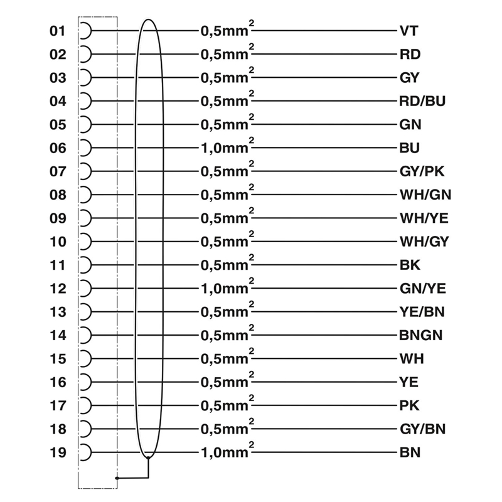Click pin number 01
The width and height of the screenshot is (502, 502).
point(58,31)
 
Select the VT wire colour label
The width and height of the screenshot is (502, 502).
point(409,31)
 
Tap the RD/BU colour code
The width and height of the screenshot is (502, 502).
point(422,101)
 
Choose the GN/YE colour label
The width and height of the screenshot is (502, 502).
point(422,289)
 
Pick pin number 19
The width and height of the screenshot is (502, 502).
point(58,452)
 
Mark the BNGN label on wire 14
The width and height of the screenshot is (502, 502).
point(420,335)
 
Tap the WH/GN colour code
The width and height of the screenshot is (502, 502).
point(424,195)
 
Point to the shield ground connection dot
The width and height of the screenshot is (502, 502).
point(117,478)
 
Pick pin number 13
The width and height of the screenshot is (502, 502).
point(58,312)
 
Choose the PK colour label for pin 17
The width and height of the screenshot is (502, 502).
point(409,405)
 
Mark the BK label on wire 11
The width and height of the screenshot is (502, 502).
point(409,265)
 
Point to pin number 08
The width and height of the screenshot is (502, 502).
point(58,195)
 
